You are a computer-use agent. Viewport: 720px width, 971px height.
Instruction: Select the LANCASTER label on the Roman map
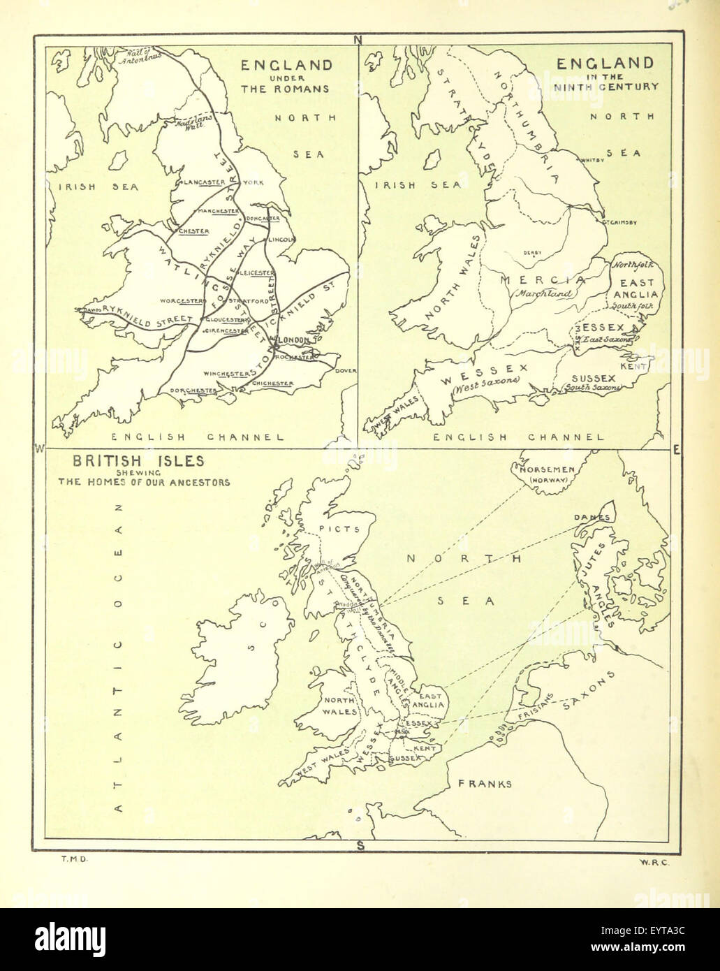click(x=203, y=182)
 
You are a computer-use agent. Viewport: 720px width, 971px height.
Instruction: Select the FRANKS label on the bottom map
click(x=485, y=783)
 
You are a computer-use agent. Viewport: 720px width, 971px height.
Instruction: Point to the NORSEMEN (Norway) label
click(x=545, y=475)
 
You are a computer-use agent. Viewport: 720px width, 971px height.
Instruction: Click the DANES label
click(x=592, y=517)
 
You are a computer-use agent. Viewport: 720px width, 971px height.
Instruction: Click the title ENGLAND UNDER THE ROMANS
click(x=286, y=77)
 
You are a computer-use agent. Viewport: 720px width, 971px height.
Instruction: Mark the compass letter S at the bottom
click(x=360, y=847)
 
